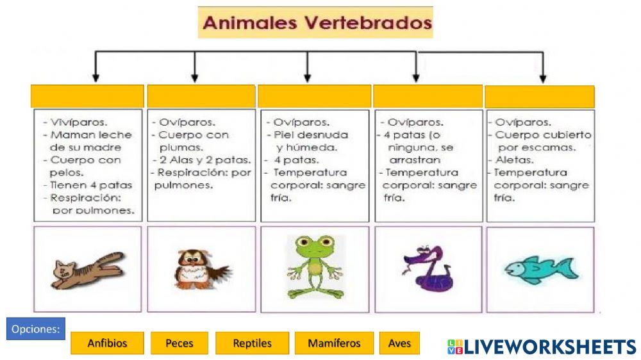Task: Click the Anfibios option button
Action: (108, 343)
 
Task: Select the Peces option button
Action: (179, 343)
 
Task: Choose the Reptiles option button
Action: (253, 343)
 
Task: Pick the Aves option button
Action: (399, 343)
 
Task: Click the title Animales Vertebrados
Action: (315, 23)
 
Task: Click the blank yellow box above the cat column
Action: (87, 96)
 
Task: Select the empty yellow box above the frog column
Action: (314, 96)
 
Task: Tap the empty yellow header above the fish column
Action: (540, 97)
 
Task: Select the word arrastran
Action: (415, 160)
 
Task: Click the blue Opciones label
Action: (37, 330)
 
